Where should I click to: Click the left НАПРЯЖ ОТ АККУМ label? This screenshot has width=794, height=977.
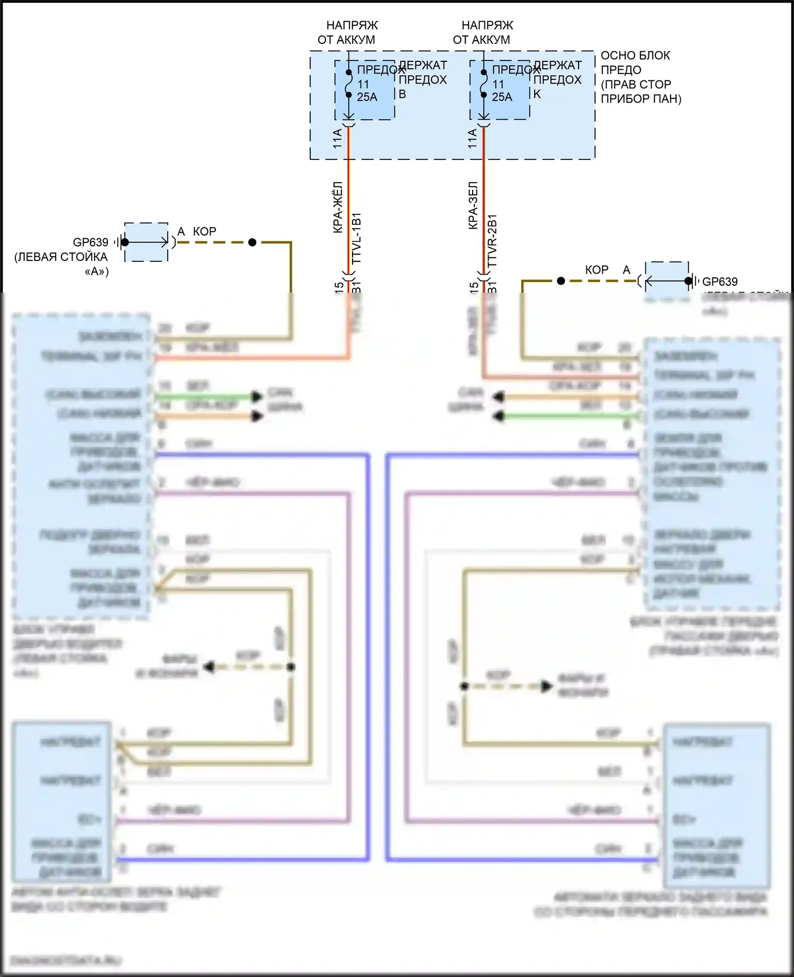click(347, 32)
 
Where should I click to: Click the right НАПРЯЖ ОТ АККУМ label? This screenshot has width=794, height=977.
click(482, 32)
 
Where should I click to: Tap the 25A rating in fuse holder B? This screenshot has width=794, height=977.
click(367, 97)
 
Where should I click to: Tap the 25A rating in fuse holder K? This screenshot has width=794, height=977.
click(502, 97)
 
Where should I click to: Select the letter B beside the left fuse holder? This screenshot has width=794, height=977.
click(402, 94)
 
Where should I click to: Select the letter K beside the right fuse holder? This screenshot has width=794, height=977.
click(537, 94)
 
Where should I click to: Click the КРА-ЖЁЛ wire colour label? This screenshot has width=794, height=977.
click(338, 207)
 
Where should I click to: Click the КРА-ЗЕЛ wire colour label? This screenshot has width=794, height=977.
click(473, 205)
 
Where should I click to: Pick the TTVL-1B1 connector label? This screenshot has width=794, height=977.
click(356, 239)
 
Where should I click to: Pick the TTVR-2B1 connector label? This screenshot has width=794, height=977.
click(492, 240)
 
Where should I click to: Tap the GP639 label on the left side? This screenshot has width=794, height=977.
click(91, 242)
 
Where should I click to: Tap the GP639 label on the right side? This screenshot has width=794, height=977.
click(719, 282)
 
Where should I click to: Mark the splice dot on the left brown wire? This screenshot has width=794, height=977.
click(252, 242)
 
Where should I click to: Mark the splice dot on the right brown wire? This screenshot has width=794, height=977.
click(561, 281)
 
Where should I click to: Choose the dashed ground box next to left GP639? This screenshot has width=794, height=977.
click(146, 242)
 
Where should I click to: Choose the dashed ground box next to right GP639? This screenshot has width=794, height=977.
click(666, 281)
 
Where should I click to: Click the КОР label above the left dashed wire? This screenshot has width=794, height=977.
click(204, 231)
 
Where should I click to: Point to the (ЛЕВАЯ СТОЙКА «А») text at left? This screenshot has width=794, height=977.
click(61, 264)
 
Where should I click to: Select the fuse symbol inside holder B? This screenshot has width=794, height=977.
click(349, 84)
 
